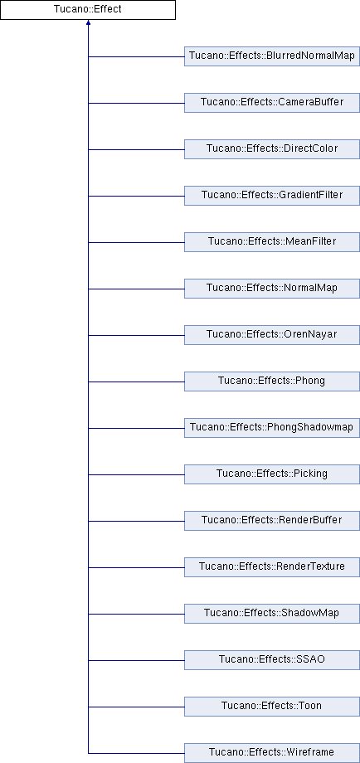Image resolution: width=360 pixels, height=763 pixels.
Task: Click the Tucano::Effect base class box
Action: tap(88, 10)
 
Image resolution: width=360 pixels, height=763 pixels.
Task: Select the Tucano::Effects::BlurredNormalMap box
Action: tap(272, 56)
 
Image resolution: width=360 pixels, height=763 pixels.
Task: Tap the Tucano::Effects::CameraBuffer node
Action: tap(272, 103)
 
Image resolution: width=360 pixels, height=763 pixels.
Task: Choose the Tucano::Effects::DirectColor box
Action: tap(272, 149)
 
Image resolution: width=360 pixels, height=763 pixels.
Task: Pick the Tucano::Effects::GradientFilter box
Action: tap(272, 196)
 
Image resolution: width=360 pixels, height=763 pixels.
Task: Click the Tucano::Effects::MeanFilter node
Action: tap(272, 242)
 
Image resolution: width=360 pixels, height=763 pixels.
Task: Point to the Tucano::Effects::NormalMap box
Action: tap(272, 289)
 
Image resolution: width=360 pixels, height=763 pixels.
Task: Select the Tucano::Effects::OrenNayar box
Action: tap(272, 335)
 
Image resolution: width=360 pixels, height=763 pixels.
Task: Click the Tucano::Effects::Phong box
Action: tap(272, 381)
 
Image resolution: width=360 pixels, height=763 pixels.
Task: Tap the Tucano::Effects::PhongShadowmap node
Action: tap(272, 428)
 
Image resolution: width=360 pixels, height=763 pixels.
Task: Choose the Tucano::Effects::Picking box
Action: tap(272, 474)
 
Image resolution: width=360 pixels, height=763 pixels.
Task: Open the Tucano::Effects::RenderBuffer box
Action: tap(272, 521)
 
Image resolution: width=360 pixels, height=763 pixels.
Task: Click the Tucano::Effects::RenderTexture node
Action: tap(272, 567)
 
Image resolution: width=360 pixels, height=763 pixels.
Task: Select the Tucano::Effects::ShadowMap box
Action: tap(272, 614)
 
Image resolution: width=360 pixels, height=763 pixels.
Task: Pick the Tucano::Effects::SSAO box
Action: tap(272, 660)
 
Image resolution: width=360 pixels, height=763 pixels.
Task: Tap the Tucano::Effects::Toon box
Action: tap(272, 707)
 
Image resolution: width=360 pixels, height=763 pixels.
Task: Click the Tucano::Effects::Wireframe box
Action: tap(272, 753)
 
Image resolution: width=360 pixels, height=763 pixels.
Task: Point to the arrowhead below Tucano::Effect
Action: tap(88, 22)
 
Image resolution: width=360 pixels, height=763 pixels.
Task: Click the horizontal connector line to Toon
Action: tap(136, 707)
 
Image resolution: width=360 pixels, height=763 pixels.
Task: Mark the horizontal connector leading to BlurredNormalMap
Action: tap(136, 56)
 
